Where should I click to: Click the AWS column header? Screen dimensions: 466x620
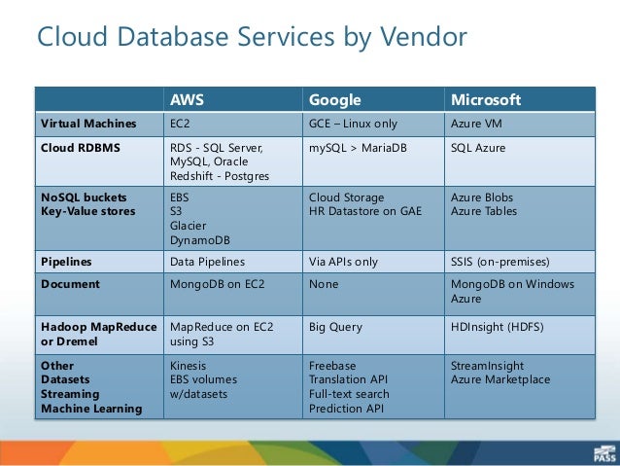tap(187, 100)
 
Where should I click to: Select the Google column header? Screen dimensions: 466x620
tap(334, 100)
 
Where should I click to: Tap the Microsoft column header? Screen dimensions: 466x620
tap(486, 100)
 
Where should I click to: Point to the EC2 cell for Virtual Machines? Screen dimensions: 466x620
tap(180, 124)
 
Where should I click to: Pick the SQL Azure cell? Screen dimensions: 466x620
tap(478, 148)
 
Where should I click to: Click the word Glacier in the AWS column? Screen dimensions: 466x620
tap(189, 224)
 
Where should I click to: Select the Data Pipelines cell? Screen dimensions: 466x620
tap(207, 262)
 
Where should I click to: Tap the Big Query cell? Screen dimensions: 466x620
tap(335, 329)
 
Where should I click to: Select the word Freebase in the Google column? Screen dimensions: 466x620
tap(333, 366)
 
